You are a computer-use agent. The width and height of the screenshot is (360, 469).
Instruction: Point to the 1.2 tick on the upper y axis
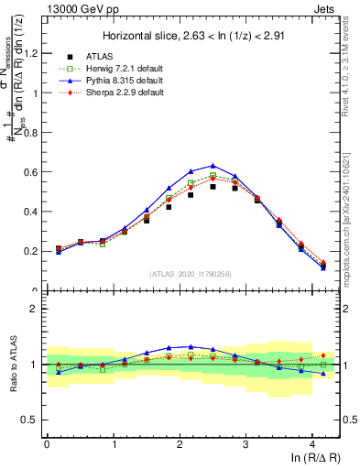pos(31,53)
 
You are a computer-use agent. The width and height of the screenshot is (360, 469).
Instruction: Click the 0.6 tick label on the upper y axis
pos(31,171)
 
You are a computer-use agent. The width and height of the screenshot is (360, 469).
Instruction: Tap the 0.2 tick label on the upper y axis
pos(31,250)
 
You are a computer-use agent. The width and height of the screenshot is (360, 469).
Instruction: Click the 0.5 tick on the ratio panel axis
pos(31,420)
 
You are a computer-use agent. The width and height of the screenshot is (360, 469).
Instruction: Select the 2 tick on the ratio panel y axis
pos(35,309)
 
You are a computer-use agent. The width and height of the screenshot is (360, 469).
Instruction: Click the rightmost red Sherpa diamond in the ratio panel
pos(323,355)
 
